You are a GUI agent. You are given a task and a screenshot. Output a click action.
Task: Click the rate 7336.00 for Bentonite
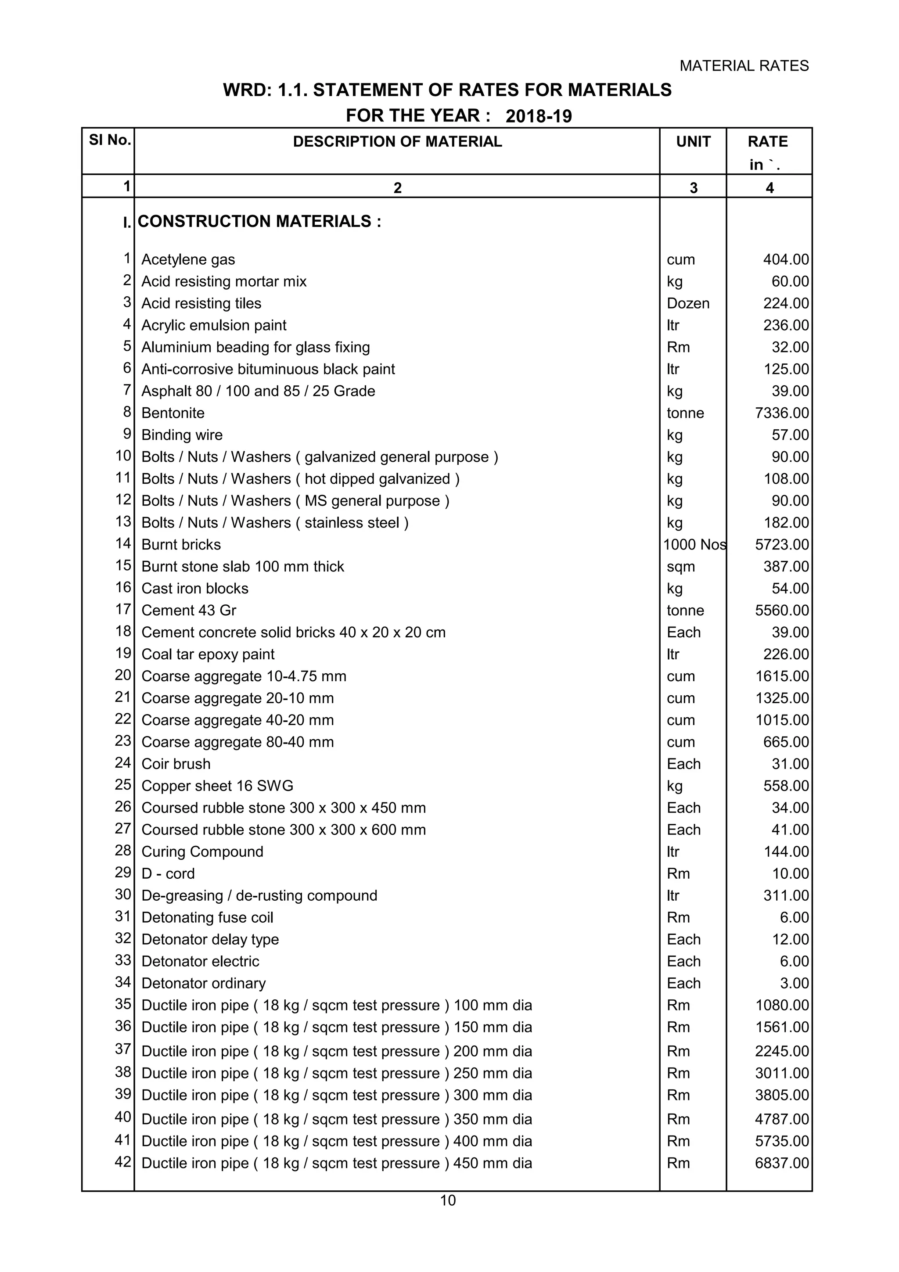pyautogui.click(x=781, y=413)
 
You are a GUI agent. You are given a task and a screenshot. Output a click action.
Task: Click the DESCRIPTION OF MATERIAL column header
pyautogui.click(x=397, y=142)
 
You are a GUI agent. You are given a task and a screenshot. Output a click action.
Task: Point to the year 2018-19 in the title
pyautogui.click(x=539, y=116)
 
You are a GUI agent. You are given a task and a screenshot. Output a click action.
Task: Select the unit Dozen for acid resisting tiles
pyautogui.click(x=687, y=304)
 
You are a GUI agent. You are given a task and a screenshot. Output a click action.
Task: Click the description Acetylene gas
pyautogui.click(x=188, y=260)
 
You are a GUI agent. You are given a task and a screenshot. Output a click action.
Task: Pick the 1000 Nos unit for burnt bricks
pyautogui.click(x=694, y=545)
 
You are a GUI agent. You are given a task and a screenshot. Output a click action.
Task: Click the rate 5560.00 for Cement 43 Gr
pyautogui.click(x=781, y=611)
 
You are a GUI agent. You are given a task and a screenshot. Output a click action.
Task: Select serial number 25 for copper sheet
pyautogui.click(x=123, y=785)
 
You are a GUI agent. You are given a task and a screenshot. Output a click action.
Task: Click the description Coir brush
pyautogui.click(x=176, y=764)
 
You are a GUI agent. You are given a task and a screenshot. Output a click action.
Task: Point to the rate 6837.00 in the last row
pyautogui.click(x=781, y=1164)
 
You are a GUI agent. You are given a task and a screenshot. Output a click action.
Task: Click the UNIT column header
pyautogui.click(x=693, y=142)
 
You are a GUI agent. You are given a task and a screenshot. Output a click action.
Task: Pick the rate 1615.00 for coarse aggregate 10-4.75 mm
pyautogui.click(x=781, y=676)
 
